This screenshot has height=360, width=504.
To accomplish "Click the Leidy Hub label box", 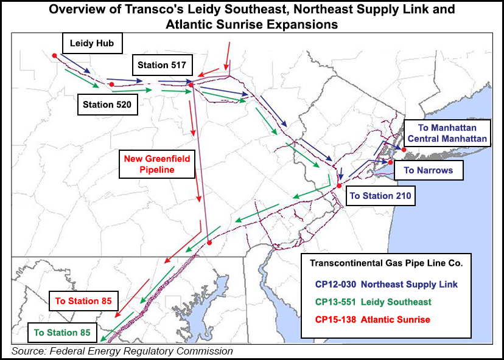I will click(x=93, y=43).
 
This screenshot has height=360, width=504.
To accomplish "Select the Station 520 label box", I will click(x=107, y=104).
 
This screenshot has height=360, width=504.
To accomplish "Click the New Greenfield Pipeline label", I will click(x=149, y=164).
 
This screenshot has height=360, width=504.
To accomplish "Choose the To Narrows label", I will click(x=429, y=170).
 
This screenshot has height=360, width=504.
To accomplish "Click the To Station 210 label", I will click(x=380, y=196).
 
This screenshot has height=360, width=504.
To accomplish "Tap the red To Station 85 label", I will click(x=85, y=300).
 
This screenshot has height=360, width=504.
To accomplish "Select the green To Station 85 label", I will click(x=62, y=333).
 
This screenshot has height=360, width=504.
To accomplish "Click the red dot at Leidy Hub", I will click(x=55, y=55).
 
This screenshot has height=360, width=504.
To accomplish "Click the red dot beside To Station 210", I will click(x=340, y=186).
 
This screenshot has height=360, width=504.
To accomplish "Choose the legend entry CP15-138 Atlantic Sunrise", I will click(x=373, y=319).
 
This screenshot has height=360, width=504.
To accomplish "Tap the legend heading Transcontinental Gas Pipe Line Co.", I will click(x=387, y=263).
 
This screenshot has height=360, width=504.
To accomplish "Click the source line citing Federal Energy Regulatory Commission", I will click(x=122, y=351).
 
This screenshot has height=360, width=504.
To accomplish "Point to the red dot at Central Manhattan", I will click(x=404, y=149).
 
